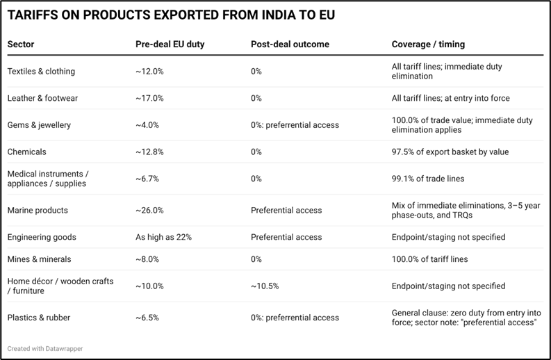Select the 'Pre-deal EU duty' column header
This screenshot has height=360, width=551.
click(x=170, y=44)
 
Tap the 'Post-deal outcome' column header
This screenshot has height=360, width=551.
click(x=290, y=44)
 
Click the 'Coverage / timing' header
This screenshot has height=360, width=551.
click(x=428, y=44)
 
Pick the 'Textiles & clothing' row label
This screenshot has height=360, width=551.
click(x=41, y=72)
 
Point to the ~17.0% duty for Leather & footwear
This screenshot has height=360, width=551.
click(x=149, y=98)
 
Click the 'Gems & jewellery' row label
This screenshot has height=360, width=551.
click(x=39, y=125)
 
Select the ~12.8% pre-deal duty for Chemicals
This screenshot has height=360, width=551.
click(x=149, y=152)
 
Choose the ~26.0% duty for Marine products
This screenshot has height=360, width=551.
click(x=149, y=210)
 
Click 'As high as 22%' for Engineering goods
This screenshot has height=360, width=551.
click(x=163, y=237)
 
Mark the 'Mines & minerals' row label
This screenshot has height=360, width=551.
click(x=38, y=259)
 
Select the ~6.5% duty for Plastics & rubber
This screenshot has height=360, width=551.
click(x=147, y=318)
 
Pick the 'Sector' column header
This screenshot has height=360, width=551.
click(x=21, y=44)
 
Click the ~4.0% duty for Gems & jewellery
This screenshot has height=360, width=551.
click(x=147, y=125)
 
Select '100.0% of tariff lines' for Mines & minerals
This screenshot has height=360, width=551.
click(x=429, y=259)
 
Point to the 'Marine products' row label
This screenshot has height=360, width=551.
click(x=38, y=210)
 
